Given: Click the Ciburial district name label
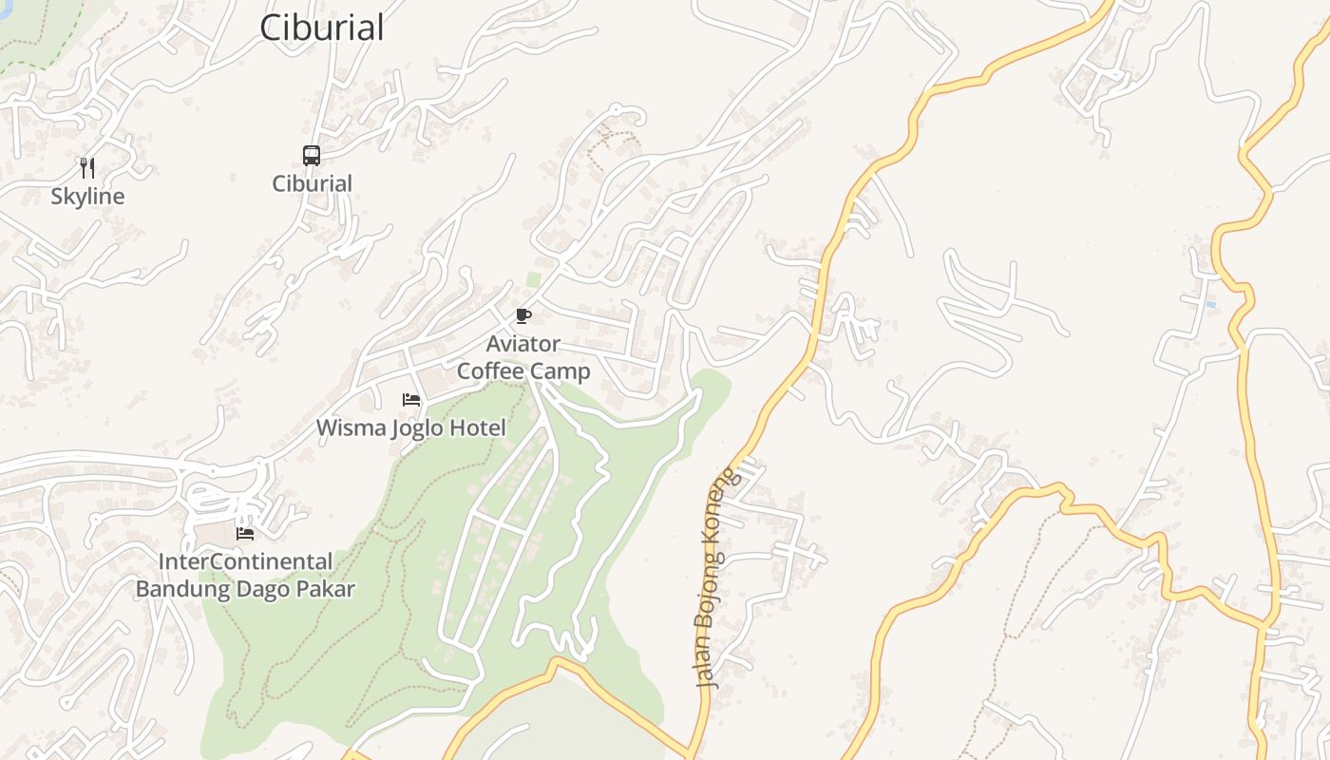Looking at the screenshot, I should point(322,28).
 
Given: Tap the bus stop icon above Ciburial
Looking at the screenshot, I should point(312,155).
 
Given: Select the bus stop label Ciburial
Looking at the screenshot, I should point(313,183).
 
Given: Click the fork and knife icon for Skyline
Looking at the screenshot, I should point(87,168).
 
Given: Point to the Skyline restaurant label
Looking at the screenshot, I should point(87,197).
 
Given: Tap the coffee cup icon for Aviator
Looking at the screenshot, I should point(522,315).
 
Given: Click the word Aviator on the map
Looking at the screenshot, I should point(523,343).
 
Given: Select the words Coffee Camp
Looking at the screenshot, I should point(523,370).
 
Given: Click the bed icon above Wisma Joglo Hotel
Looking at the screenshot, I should point(411,400).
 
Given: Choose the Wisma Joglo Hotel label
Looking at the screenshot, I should point(411,427).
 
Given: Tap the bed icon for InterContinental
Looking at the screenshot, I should point(245,534).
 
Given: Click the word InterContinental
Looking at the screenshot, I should point(245,561).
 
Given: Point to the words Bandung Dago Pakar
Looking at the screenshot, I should point(245,589).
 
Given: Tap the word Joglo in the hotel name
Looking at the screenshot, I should point(418,427).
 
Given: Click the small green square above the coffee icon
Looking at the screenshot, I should point(534,279).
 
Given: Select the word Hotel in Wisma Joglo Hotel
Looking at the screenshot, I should point(478,427).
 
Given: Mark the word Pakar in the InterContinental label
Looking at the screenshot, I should point(326,589).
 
